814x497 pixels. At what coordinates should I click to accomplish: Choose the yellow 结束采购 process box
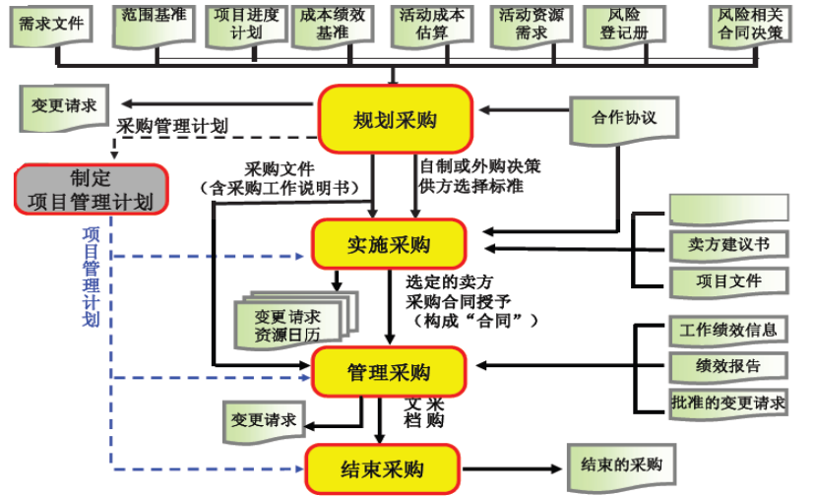tap(383, 468)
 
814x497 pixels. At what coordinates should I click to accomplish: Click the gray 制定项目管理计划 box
tap(91, 190)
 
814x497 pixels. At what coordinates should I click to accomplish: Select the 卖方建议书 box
tap(729, 243)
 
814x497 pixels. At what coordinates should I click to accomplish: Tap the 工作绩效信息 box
tap(728, 330)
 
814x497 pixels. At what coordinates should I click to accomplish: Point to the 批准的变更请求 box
tap(728, 402)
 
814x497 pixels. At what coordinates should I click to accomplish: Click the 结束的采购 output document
tap(621, 466)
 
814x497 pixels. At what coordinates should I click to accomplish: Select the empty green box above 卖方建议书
tap(728, 208)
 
